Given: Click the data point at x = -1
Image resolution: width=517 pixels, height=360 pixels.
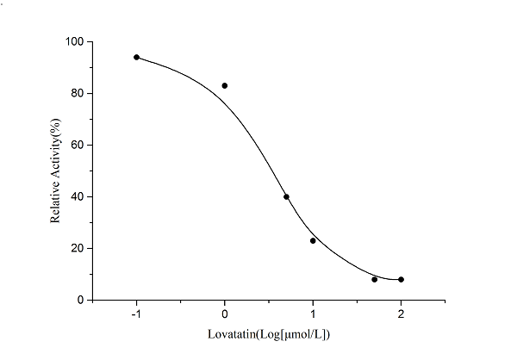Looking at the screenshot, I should (x=136, y=57).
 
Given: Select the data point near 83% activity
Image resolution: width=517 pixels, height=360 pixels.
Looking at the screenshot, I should (x=225, y=85).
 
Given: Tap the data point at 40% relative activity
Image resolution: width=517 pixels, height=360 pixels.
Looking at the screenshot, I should (x=286, y=196).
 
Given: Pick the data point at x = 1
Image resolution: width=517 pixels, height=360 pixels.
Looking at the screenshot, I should (x=313, y=240).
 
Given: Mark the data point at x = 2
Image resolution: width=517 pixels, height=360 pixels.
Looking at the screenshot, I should (x=401, y=279).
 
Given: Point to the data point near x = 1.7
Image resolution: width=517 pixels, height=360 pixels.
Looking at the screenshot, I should (x=374, y=279).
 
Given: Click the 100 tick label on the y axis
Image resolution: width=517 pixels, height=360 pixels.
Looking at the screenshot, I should (x=74, y=41).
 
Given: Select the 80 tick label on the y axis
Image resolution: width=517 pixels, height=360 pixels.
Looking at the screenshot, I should (x=77, y=93).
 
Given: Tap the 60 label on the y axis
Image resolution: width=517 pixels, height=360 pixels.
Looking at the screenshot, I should (x=77, y=145).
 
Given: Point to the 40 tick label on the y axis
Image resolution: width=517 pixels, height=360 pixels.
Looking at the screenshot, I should (x=77, y=196).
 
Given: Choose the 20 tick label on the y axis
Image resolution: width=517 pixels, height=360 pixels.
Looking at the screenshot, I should (x=77, y=248).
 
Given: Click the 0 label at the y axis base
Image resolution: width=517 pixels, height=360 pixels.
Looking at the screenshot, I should (x=80, y=300).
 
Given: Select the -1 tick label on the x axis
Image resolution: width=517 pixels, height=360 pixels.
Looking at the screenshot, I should (x=135, y=314).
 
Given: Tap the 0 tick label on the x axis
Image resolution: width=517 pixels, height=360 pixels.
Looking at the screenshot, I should (x=225, y=314).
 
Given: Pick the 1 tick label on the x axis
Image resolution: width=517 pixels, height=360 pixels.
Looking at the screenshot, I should (x=313, y=314).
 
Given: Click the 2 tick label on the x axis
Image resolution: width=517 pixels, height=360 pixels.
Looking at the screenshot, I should (x=401, y=314).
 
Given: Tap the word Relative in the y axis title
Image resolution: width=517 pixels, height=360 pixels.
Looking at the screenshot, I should (x=56, y=206).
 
